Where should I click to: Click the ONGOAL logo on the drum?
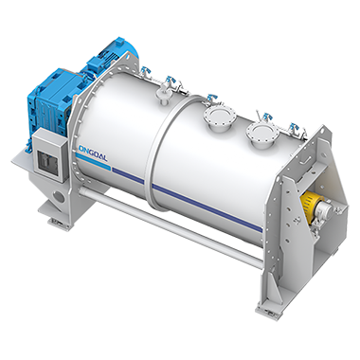click(x=92, y=153)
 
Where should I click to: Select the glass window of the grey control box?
click(x=47, y=161)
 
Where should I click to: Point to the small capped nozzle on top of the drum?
click(x=163, y=96)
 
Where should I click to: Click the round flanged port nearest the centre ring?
click(x=220, y=119)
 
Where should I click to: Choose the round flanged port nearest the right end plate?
click(x=262, y=134)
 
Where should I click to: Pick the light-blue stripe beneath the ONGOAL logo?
click(x=94, y=164)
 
